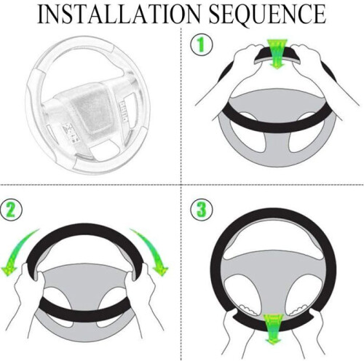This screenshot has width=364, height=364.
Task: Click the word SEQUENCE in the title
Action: coord(267,15)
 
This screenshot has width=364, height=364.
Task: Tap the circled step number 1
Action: coord(202,45)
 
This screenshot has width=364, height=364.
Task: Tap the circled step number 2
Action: coord(11,210)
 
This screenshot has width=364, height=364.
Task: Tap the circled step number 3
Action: coord(202,209)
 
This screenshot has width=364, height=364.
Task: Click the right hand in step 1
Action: coord(320,73)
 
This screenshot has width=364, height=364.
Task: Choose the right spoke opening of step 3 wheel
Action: coord(304,293)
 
